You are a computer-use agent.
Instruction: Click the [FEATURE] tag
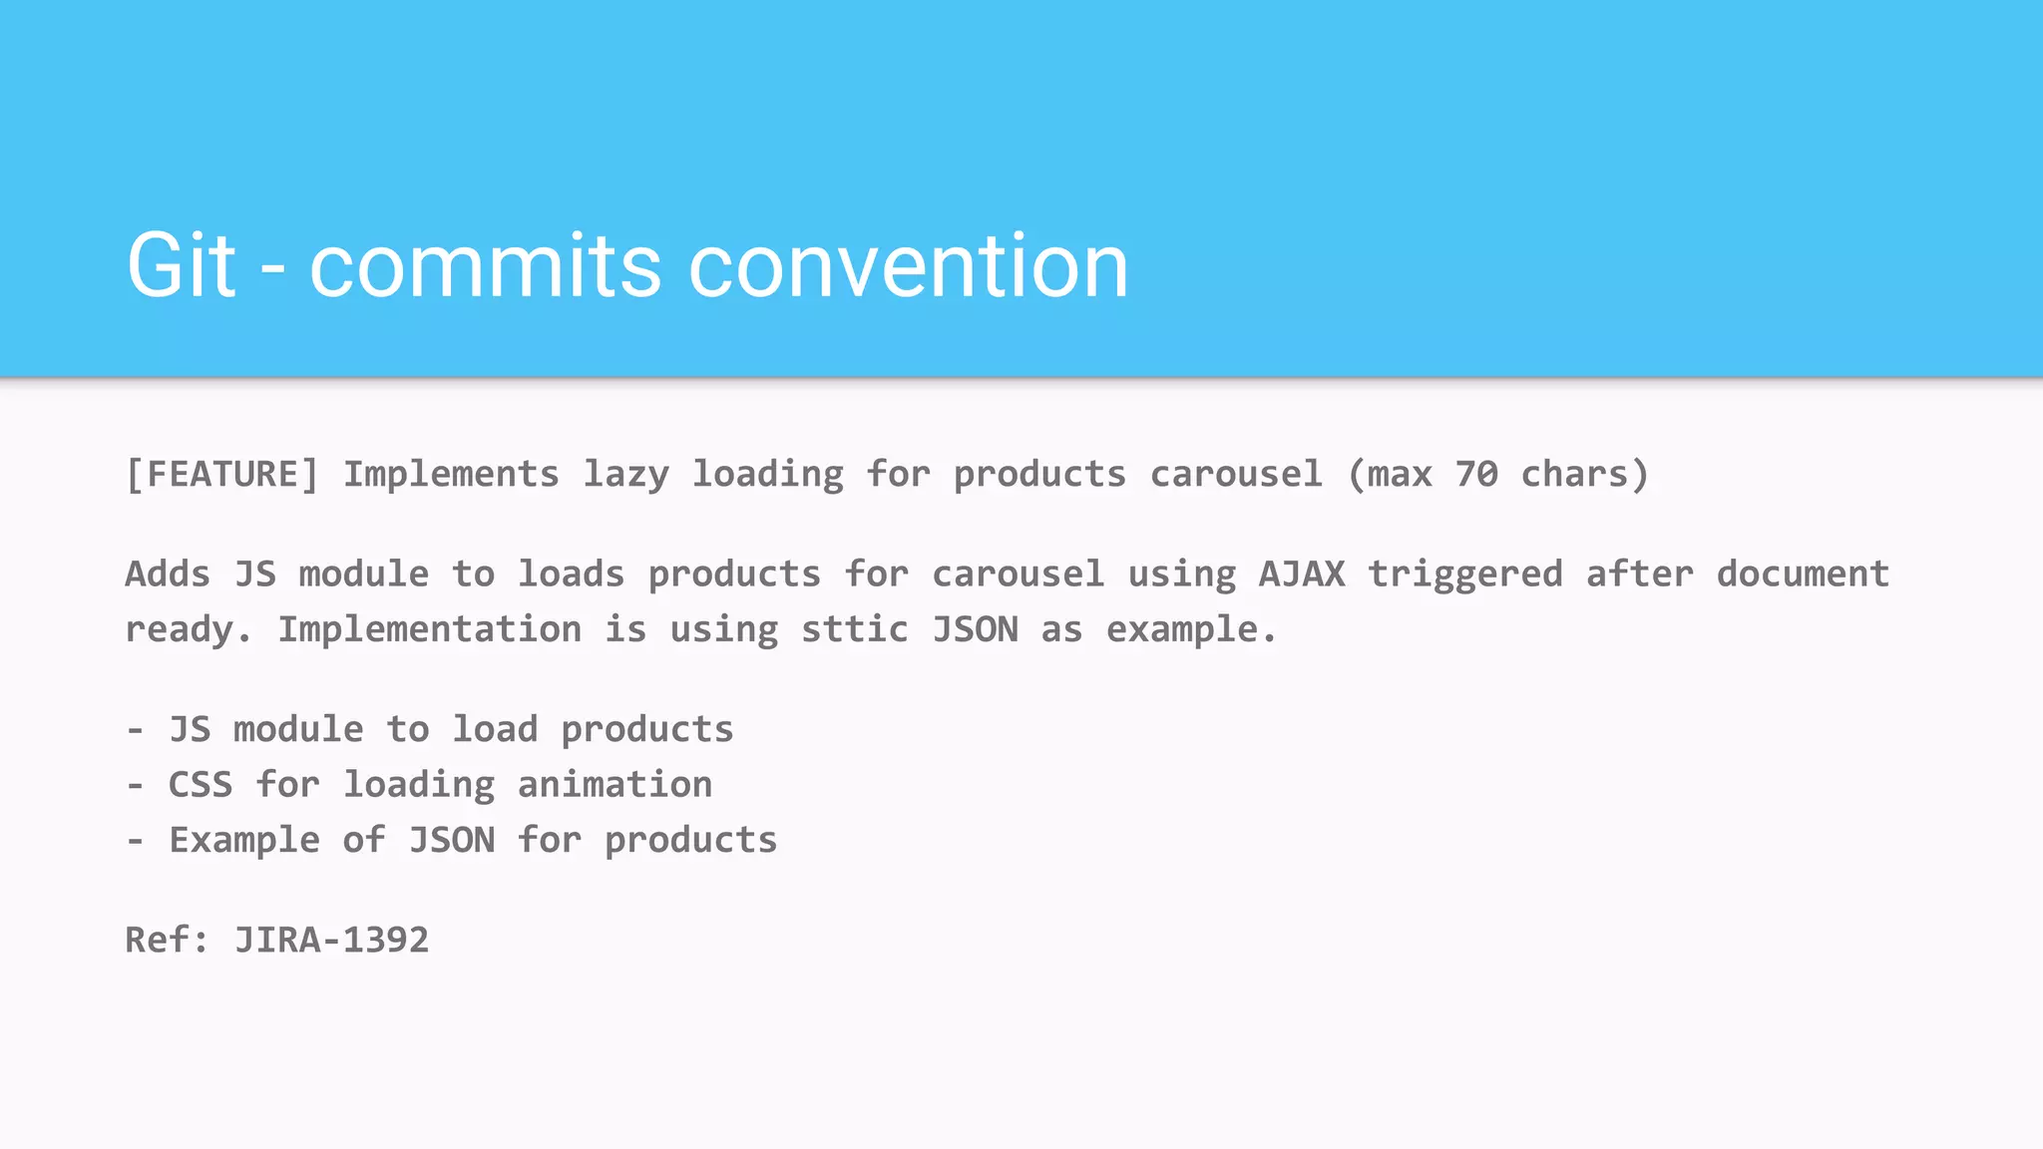(222, 474)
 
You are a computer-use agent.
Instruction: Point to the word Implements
(451, 474)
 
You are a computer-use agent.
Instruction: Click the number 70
(1476, 474)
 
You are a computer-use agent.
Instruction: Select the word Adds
(168, 574)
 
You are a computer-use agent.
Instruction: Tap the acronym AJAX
(1301, 574)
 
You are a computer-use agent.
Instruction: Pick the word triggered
(1464, 575)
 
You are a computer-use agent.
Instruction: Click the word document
(1803, 574)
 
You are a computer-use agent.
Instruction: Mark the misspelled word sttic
(855, 629)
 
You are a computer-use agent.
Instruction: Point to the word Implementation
(429, 629)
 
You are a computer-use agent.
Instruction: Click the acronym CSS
(201, 784)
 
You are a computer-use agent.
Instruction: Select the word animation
(614, 784)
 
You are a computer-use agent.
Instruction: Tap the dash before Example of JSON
(136, 840)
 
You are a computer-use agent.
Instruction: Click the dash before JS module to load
(136, 729)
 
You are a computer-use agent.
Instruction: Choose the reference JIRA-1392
(331, 940)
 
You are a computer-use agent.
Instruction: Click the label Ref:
(167, 940)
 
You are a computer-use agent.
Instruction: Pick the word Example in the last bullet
(244, 841)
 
